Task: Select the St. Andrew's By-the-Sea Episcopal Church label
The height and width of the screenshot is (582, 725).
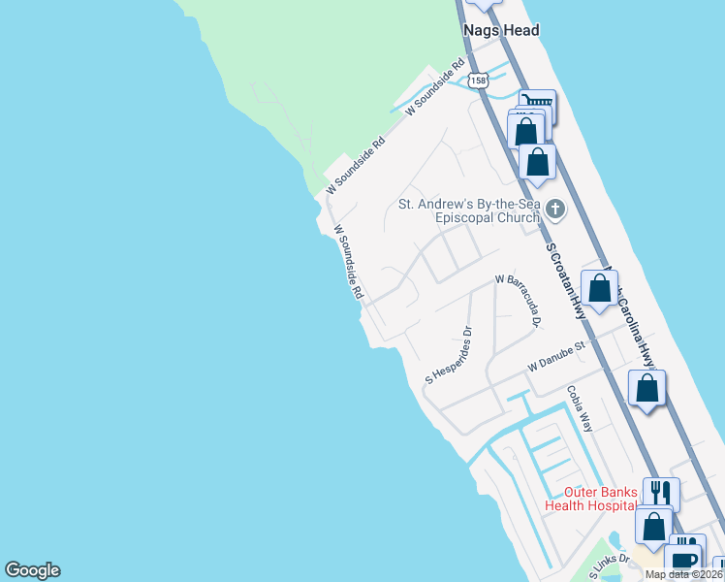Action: pyautogui.click(x=469, y=210)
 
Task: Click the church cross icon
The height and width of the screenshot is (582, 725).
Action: pyautogui.click(x=555, y=209)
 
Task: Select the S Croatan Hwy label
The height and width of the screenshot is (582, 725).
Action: pyautogui.click(x=566, y=280)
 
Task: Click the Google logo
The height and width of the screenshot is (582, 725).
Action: pyautogui.click(x=32, y=570)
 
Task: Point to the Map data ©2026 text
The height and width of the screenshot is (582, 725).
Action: pyautogui.click(x=684, y=574)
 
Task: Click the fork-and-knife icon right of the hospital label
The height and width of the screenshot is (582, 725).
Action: pyautogui.click(x=659, y=493)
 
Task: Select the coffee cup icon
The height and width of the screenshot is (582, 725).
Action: pyautogui.click(x=683, y=560)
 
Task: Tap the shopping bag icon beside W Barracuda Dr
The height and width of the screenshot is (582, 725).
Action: pyautogui.click(x=599, y=288)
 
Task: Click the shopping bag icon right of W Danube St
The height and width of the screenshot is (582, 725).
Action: pyautogui.click(x=646, y=388)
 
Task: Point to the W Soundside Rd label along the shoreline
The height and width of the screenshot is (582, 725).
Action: pyautogui.click(x=348, y=262)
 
